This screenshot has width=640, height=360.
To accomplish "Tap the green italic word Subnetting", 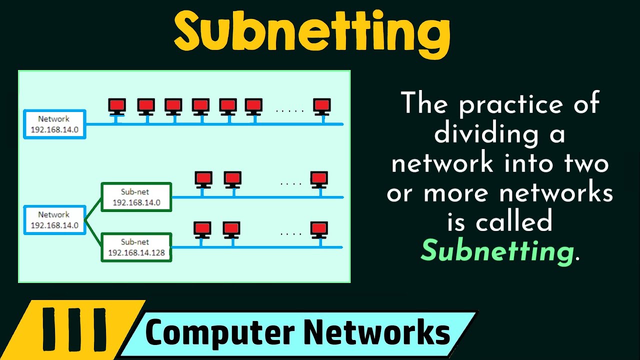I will point(496,251).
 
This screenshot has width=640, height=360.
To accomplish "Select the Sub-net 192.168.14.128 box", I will point(136,247).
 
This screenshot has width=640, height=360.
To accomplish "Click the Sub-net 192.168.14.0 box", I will point(136,197).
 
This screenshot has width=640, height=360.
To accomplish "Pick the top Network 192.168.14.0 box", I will point(54,124).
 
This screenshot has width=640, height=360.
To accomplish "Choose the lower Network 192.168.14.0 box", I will point(54,220).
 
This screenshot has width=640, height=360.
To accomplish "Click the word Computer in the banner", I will point(220,332).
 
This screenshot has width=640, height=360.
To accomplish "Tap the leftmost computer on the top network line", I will point(117,106).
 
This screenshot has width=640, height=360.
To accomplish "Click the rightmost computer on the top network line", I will point(321,106).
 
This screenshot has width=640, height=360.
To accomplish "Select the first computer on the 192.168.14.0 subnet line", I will point(203,179).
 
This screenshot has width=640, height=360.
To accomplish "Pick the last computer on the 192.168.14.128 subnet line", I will point(319,229).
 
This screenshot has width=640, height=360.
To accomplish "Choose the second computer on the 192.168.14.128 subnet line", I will point(231,229).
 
